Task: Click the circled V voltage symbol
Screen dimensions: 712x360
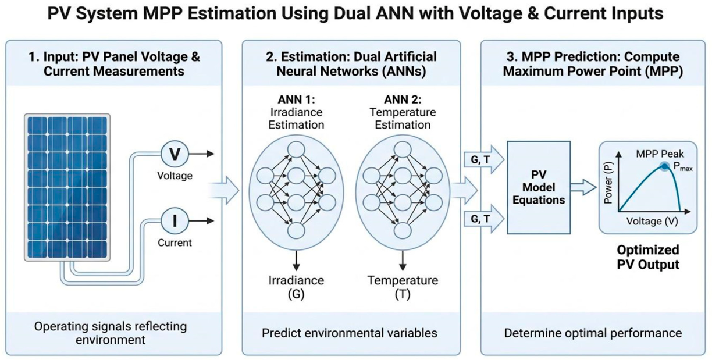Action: point(175,154)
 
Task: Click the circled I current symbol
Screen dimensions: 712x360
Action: point(175,221)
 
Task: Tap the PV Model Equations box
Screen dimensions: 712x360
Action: point(539,187)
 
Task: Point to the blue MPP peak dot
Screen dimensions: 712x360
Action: point(664,166)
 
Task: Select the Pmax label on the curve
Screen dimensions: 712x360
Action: point(683,167)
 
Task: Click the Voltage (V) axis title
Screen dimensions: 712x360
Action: point(652,221)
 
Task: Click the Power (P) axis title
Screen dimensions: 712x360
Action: point(608,183)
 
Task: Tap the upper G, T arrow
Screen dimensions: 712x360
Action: point(484,159)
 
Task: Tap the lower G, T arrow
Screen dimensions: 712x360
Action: point(484,219)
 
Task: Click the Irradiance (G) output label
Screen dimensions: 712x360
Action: point(296,287)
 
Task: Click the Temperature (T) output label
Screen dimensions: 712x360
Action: point(403,287)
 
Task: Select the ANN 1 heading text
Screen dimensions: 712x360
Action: point(296,100)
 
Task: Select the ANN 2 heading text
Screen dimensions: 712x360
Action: point(403,100)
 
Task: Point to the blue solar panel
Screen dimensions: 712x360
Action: point(67,187)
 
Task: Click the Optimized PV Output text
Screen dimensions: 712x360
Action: point(648,257)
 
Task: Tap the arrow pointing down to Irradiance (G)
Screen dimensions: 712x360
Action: point(296,261)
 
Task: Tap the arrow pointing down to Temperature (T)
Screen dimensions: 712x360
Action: point(403,261)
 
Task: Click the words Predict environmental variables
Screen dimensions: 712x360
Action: point(350,333)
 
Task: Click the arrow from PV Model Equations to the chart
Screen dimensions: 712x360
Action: point(583,187)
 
